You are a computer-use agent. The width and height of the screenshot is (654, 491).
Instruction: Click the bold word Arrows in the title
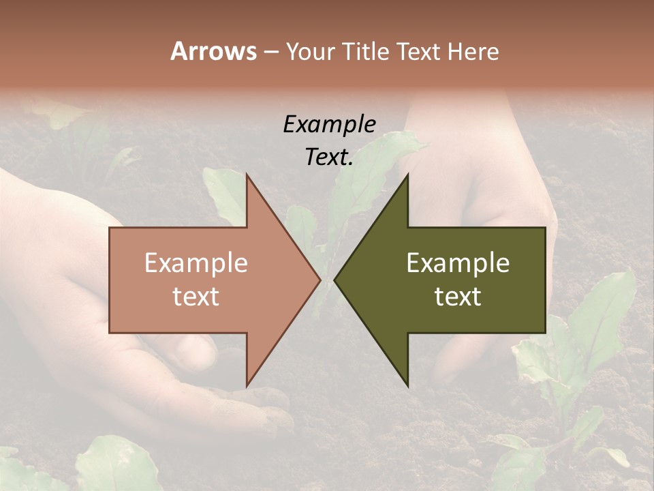tap(214, 51)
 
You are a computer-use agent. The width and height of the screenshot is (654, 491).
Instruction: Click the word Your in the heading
tap(309, 52)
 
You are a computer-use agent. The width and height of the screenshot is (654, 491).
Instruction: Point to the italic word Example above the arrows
tap(329, 124)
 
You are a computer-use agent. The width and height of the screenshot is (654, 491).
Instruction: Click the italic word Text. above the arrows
tap(329, 157)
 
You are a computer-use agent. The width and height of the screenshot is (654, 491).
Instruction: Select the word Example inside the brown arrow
tap(196, 263)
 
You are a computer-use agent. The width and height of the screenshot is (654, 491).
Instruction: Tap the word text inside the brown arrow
tap(196, 297)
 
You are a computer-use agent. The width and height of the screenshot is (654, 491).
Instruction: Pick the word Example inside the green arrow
tap(458, 263)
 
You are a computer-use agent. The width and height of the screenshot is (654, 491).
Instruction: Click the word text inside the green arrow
tap(458, 297)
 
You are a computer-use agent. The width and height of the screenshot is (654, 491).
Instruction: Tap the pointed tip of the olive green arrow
tap(335, 280)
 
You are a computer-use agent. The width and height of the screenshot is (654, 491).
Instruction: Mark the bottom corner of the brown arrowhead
tap(247, 385)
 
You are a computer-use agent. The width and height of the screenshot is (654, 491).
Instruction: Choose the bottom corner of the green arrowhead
tap(407, 385)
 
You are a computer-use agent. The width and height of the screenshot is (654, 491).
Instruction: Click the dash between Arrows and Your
tap(270, 53)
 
